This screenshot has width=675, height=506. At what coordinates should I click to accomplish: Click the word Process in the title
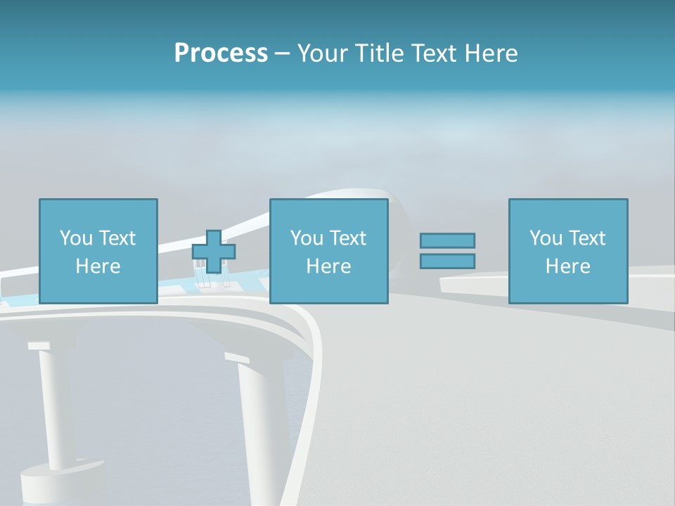point(221,53)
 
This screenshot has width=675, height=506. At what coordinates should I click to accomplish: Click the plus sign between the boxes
point(214,252)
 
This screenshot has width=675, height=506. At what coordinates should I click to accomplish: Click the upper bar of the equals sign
point(447,240)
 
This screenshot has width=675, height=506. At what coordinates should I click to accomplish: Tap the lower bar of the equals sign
point(447,261)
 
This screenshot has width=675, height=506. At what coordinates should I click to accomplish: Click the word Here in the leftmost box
point(98,266)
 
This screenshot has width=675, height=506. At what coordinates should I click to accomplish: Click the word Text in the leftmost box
point(117,238)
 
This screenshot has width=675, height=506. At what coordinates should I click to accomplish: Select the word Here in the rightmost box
point(567,266)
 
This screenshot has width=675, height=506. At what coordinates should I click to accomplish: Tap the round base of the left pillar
point(60,481)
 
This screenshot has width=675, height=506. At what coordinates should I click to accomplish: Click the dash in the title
point(282,53)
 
